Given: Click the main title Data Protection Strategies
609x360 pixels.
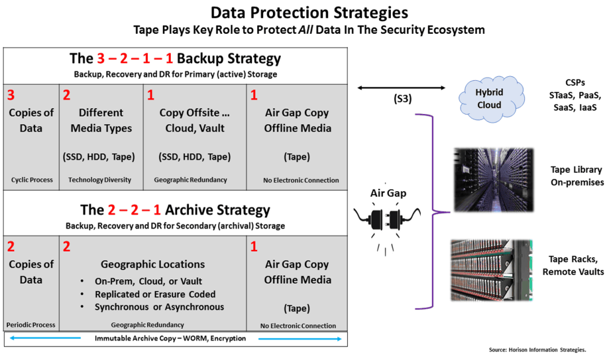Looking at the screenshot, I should coord(309,12).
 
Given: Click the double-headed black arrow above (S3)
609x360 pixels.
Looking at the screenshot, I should coord(401,88).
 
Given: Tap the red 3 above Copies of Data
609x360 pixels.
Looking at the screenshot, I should coord(10,95).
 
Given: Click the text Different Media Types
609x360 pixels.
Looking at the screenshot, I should coord(101,120).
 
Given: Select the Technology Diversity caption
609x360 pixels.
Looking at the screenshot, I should coord(100,180).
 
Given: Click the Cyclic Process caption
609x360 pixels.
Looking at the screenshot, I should coord(32,180).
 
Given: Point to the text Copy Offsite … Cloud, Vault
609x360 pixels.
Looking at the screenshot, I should coord(195,120).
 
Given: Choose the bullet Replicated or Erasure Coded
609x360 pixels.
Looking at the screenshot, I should coord(155,294).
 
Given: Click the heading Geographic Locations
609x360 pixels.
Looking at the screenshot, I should coord(153,265).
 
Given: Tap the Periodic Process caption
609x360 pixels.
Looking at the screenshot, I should coord(31,325).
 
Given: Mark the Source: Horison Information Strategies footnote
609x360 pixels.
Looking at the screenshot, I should coord(546,350).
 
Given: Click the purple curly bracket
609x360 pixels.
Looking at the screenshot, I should coord(434,212).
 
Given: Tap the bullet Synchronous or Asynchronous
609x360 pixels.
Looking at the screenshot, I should coord(159,308).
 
